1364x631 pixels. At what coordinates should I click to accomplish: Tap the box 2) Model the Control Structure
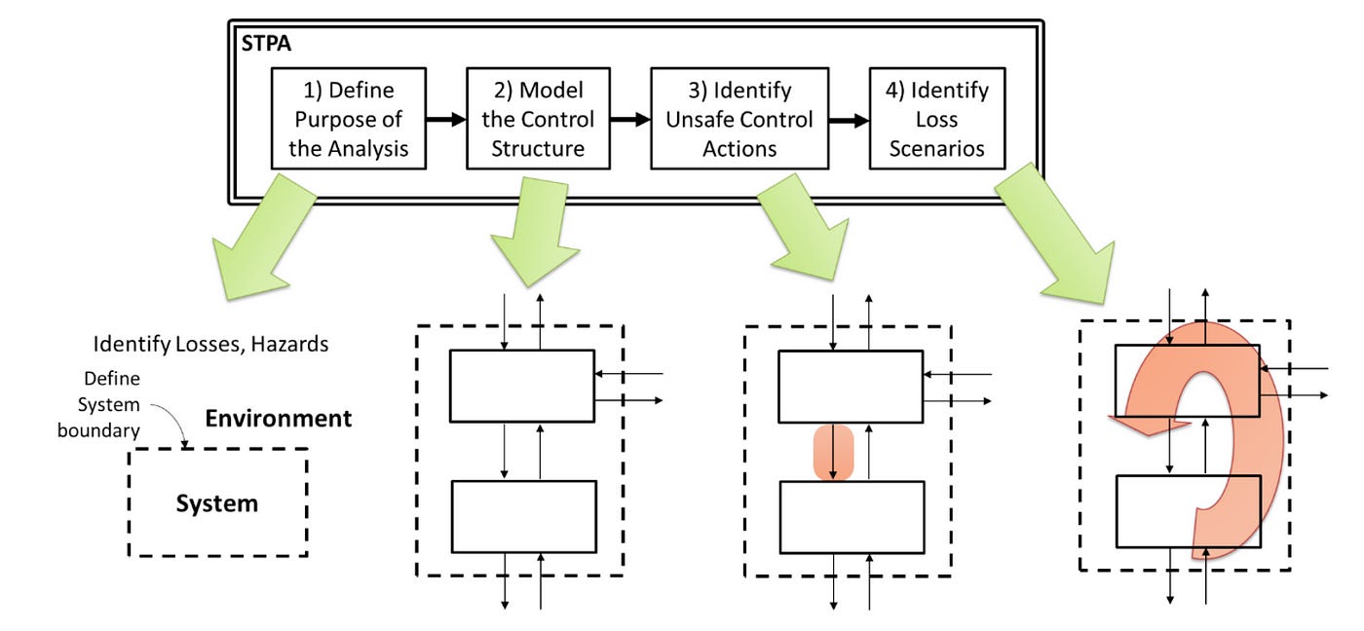click(x=538, y=119)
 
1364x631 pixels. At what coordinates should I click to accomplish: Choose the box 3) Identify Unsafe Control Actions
click(x=739, y=119)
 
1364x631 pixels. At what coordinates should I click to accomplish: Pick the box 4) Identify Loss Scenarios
click(x=936, y=119)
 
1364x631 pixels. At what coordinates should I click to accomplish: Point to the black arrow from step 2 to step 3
click(x=629, y=120)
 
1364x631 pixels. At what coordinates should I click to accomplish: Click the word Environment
click(x=278, y=419)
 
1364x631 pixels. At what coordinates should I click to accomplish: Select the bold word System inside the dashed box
click(x=216, y=503)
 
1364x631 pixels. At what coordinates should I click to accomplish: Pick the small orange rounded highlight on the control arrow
click(x=833, y=452)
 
